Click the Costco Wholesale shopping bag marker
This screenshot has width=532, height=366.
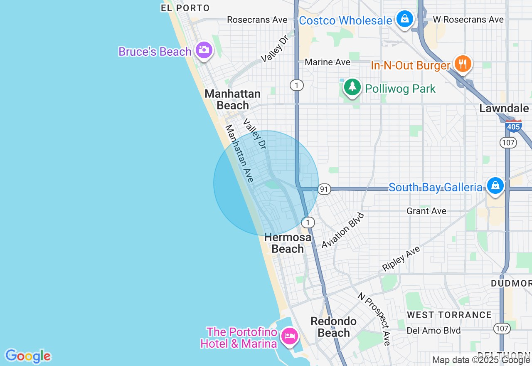tap(404, 19)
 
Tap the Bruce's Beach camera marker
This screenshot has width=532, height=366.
tap(204, 50)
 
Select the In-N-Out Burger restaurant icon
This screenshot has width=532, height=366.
tap(462, 64)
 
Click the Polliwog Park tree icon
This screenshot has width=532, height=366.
tap(352, 87)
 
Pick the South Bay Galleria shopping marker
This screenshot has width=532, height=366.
tap(495, 185)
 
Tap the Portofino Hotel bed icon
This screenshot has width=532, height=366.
tap(289, 336)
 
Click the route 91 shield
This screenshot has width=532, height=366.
tap(324, 190)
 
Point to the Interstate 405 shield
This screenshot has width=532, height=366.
tap(514, 126)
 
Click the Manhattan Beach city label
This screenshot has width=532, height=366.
tap(232, 99)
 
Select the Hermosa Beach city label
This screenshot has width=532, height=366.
tap(288, 243)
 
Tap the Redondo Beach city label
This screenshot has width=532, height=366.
tap(334, 327)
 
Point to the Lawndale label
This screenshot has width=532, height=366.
tap(504, 109)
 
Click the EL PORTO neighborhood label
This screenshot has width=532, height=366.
tap(185, 8)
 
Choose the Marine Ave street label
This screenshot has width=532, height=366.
tap(328, 62)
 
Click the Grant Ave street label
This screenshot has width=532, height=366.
tap(426, 211)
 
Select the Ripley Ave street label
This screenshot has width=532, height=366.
tap(401, 258)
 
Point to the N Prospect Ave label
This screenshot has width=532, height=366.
tap(374, 319)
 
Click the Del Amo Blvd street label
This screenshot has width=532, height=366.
tap(433, 331)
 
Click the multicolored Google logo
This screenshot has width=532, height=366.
tap(28, 356)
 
